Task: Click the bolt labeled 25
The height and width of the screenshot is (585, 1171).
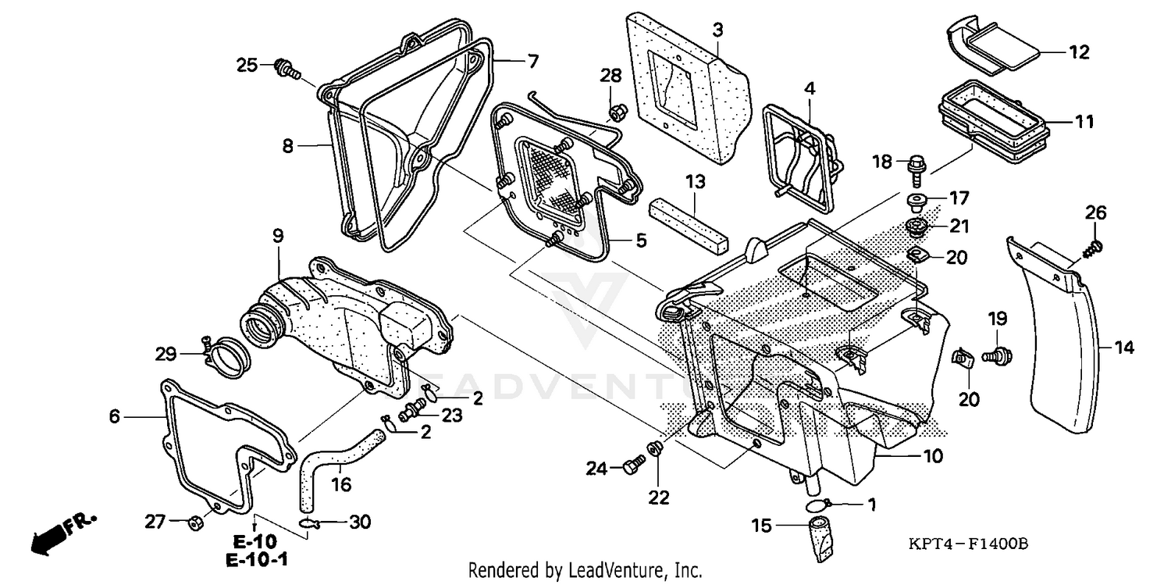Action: coord(287,70)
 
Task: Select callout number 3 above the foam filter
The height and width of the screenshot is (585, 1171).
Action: coord(717,30)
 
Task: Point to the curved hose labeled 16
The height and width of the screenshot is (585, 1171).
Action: coord(340,458)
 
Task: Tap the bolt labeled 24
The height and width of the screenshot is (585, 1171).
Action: coord(631,468)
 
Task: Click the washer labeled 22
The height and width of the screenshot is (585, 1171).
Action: coord(657,449)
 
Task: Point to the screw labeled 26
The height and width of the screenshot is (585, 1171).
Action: coord(1094,248)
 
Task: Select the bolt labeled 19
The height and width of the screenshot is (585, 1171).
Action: coord(997,356)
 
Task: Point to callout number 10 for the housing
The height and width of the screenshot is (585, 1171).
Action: coord(933,455)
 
